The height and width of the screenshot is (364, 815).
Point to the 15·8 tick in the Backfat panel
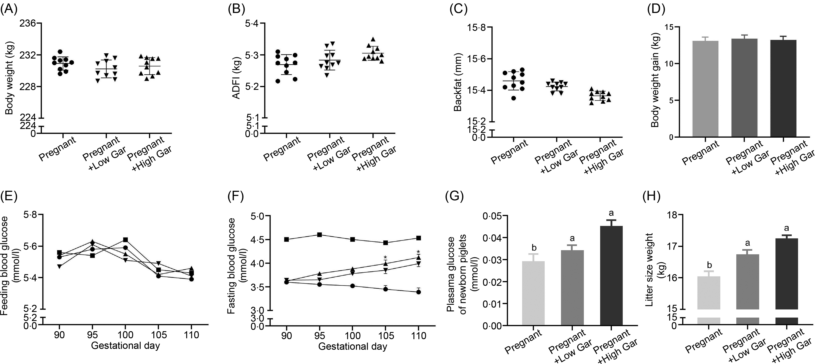click(476, 28)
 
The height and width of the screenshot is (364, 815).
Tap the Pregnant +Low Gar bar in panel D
click(744, 88)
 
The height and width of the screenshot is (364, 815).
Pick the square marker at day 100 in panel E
click(125, 240)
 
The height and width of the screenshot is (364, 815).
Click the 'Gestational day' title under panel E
click(125, 345)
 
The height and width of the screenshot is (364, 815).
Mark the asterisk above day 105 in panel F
click(385, 257)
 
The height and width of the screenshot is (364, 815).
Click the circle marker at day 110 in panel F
click(419, 292)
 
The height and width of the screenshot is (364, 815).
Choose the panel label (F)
click(236, 197)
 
